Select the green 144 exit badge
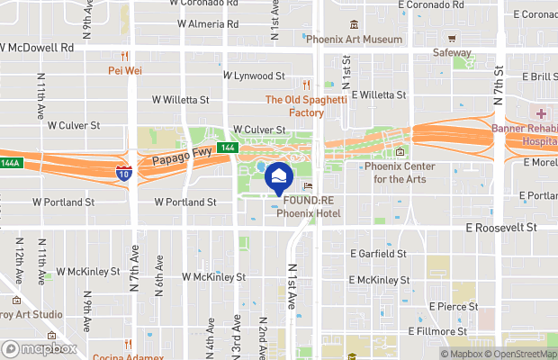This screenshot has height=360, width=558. coord(228,148)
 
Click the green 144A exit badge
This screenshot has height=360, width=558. coord(8,164)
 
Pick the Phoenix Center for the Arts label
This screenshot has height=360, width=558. coord(400,173)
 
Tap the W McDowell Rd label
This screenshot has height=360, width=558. coord(36,49)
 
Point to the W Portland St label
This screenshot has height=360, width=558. coord(184,202)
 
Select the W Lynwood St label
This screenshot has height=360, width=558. coord(254,76)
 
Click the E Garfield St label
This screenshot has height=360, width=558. coord(377,255)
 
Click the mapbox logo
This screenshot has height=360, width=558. coord(39,348)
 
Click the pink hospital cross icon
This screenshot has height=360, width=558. coord(543,114)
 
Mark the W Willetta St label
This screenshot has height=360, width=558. coord(180,100)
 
